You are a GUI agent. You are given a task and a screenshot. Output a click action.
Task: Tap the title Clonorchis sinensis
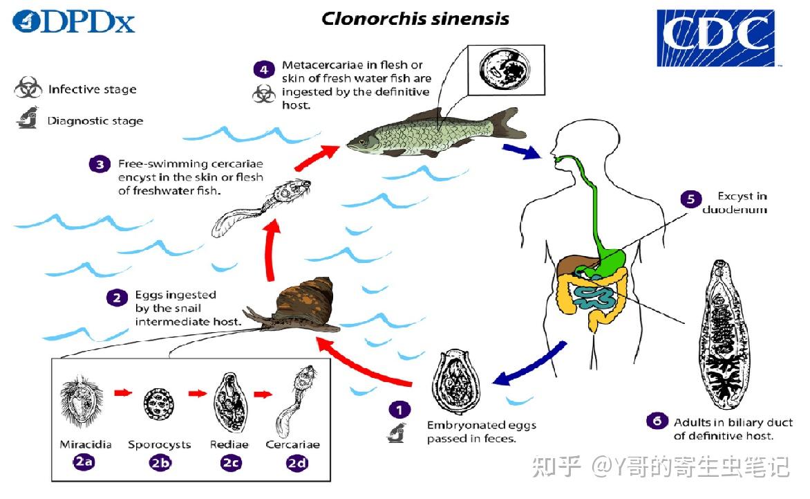415,19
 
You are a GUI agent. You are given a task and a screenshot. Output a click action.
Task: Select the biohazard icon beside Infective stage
28,89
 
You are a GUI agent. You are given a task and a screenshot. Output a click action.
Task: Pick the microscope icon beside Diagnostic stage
27,121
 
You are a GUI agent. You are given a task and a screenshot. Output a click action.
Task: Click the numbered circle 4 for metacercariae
263,69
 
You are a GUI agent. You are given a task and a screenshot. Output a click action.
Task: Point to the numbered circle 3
100,165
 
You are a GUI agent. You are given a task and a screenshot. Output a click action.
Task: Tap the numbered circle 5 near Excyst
690,199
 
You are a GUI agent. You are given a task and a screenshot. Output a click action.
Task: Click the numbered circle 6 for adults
657,421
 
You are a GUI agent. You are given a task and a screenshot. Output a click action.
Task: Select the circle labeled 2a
84,464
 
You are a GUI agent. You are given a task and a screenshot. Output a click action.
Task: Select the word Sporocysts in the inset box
160,444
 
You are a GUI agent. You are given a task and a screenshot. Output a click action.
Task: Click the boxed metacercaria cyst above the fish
506,69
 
